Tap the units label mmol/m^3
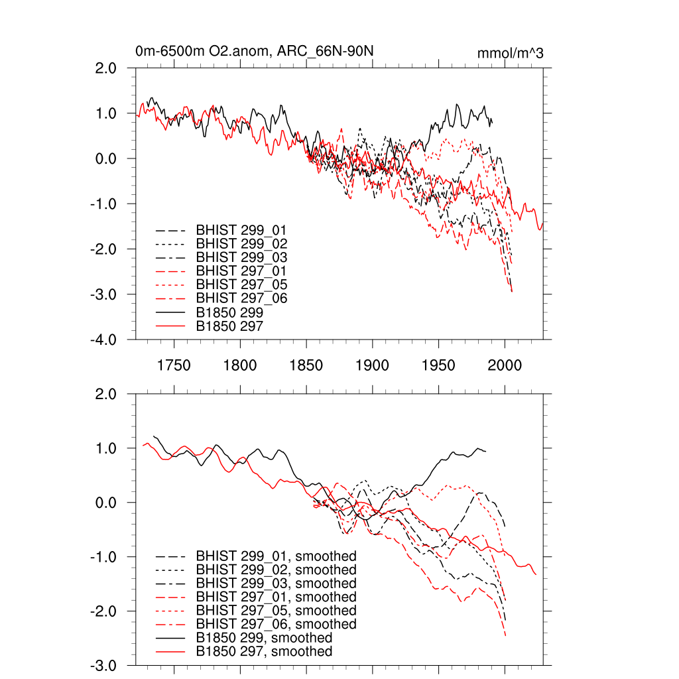(x=510, y=53)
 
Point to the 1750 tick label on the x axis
(x=174, y=365)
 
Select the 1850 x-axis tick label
(x=306, y=365)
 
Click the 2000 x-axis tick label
(x=505, y=365)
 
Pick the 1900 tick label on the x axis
(x=372, y=365)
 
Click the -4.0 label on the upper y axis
(x=103, y=339)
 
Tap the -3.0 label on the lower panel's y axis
(x=103, y=665)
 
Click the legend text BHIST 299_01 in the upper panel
(x=241, y=229)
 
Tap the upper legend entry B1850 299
(x=229, y=312)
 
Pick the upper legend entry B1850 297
(x=229, y=325)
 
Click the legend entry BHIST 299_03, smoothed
(x=276, y=584)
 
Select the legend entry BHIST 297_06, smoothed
(x=276, y=624)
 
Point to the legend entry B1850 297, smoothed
(x=264, y=652)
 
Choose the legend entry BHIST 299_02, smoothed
(x=276, y=570)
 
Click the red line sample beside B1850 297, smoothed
(x=170, y=652)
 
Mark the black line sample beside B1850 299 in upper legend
(x=170, y=312)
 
